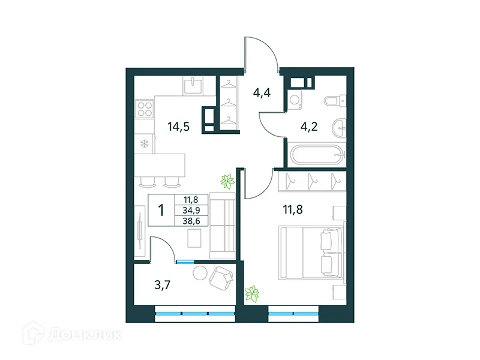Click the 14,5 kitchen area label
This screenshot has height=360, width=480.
pos(179,127)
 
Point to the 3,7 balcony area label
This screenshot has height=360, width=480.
pos(163,285)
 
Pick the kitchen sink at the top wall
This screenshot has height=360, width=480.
pos(193,86)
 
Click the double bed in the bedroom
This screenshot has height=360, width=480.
pos(310,251)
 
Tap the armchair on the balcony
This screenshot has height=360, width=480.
pos(221,277)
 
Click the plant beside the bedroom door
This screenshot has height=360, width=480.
pos(227,179)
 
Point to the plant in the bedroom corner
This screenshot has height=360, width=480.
pos(253,293)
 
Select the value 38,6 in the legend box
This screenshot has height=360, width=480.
pos(191,220)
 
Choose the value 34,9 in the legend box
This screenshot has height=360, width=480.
pos(191,209)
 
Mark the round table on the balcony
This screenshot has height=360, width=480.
pos(200,273)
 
